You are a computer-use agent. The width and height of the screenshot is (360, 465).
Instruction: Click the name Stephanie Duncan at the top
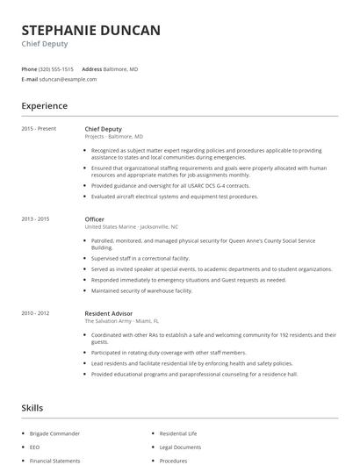90,31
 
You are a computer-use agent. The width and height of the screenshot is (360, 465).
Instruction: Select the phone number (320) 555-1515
57,68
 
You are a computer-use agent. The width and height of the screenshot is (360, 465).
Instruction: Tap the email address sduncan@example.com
68,79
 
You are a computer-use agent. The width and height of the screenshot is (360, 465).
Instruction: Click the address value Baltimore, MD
122,68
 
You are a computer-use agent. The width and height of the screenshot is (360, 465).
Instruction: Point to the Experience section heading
44,106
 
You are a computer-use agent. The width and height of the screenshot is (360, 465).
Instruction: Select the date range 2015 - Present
39,129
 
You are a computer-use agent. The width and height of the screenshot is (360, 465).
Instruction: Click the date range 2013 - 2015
35,218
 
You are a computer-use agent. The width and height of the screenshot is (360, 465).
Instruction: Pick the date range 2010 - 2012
35,313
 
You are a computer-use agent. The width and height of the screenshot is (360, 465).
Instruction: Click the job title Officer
95,218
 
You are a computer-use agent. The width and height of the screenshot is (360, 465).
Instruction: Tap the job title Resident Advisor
109,313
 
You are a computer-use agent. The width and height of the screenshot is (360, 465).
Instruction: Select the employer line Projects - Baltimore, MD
113,137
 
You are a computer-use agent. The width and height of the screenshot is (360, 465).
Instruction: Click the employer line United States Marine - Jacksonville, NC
131,226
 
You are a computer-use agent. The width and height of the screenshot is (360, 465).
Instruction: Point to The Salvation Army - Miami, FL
122,321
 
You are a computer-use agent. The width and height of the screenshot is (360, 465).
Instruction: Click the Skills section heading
32,408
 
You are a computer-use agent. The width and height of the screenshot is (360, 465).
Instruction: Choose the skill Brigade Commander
54,433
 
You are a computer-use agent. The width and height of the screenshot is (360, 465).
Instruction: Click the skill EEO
35,447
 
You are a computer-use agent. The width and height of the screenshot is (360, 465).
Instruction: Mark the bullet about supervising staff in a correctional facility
140,259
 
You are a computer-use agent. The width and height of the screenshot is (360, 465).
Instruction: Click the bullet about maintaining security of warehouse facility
142,290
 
